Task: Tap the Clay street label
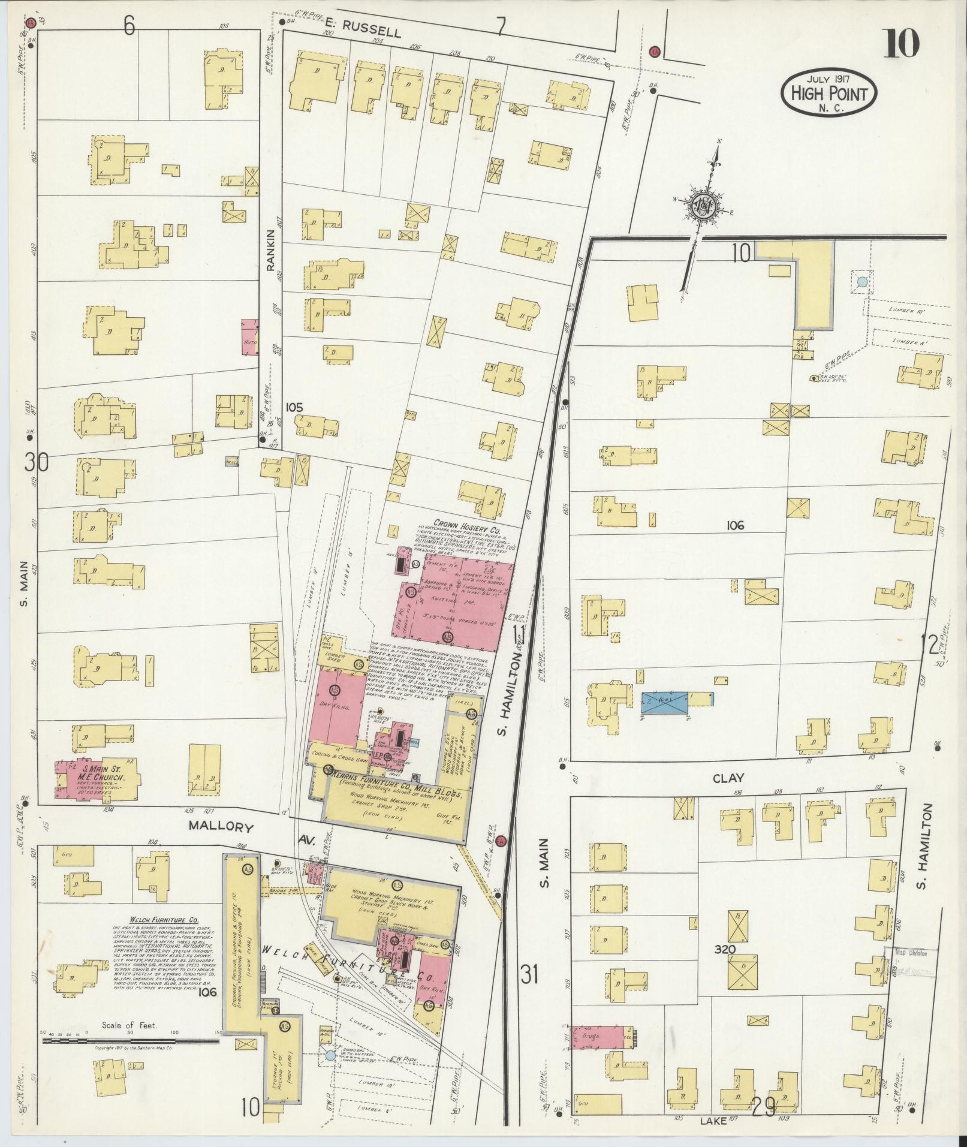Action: (728, 778)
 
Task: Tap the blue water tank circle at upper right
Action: (861, 282)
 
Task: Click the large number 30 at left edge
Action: (37, 462)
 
